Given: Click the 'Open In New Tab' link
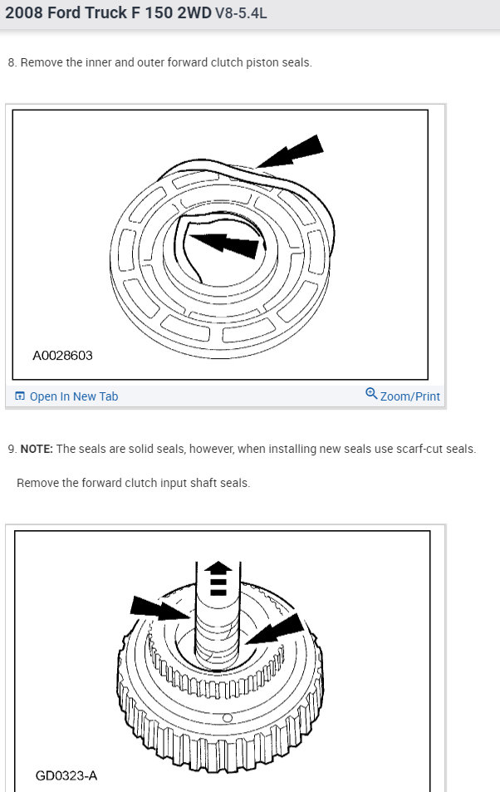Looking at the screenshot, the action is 74,396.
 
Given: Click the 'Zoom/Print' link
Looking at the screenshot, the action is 410,396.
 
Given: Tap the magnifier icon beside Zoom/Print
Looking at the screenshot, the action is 371,393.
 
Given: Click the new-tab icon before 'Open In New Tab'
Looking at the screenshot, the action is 20,396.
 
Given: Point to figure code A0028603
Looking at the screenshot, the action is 62,356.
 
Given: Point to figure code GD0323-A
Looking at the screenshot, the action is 66,775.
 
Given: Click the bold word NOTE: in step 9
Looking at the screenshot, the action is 37,449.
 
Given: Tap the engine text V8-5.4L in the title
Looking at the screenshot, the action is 241,13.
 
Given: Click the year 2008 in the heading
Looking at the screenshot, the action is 24,12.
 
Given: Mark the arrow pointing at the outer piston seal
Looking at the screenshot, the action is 291,151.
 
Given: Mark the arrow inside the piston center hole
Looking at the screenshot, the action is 226,244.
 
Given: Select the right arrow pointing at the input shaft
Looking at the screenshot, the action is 276,629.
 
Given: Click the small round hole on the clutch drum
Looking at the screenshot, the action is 228,718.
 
